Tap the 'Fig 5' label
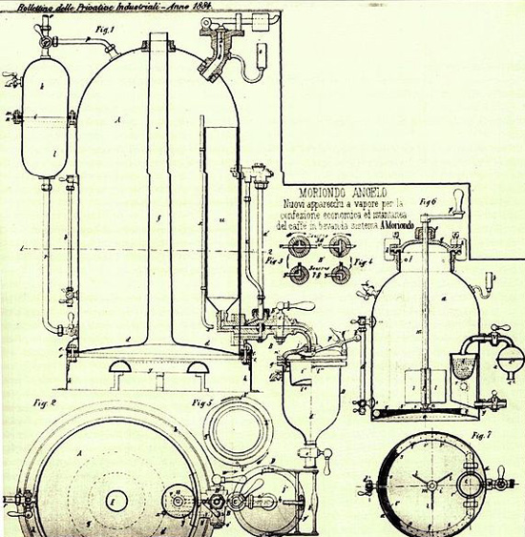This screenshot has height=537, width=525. click(200, 402)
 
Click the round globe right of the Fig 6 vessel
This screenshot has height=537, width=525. click(511, 357)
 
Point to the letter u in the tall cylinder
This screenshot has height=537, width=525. click(220, 220)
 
